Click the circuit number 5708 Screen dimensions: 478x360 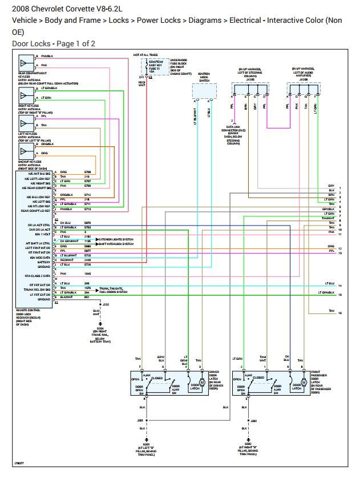(88, 172)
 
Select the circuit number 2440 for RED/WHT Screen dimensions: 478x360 (88, 260)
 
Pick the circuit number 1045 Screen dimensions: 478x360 (88, 274)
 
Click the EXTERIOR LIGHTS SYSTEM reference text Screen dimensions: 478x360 (116, 239)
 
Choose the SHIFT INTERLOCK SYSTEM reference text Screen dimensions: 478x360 (116, 244)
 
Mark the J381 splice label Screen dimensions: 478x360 (140, 420)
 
